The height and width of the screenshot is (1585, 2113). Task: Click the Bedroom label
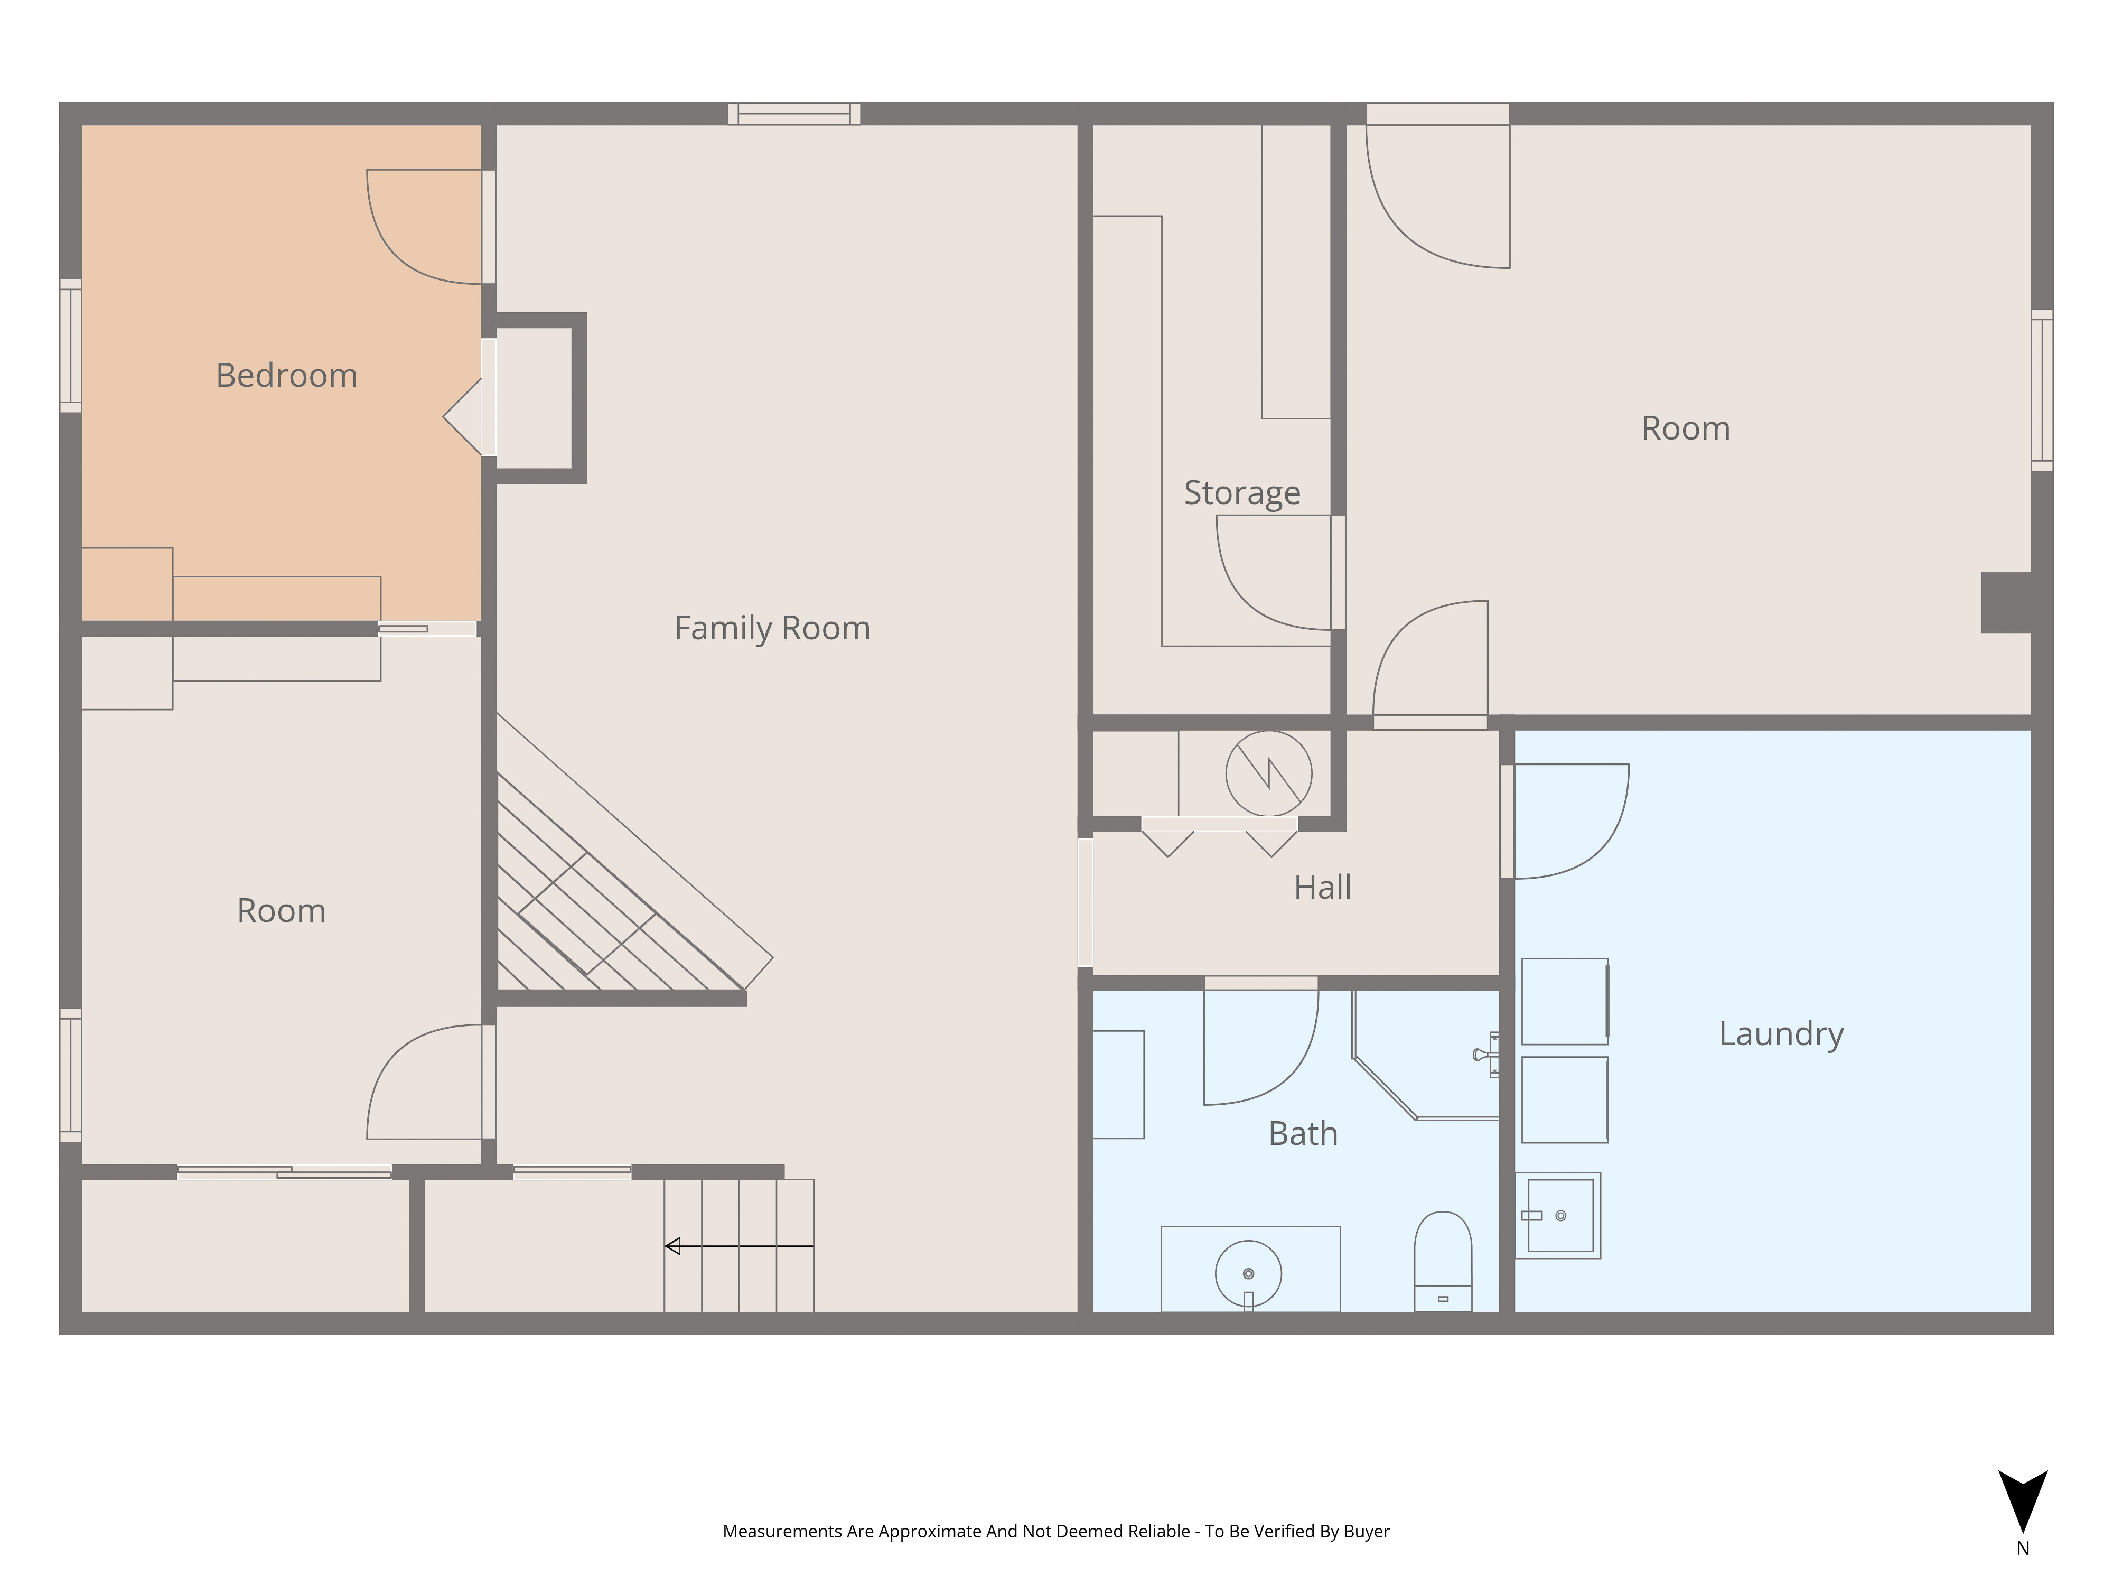(x=286, y=376)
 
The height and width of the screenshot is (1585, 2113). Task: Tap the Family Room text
(x=772, y=628)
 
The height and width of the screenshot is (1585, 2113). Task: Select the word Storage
(x=1242, y=492)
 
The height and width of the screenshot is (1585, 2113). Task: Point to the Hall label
(x=1322, y=887)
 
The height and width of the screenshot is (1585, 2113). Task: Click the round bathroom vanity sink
(x=1248, y=1273)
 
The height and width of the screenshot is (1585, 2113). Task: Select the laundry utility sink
(x=1559, y=1215)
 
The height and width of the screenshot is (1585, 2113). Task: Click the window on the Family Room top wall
(x=794, y=114)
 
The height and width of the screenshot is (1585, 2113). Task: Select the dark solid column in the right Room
(x=2006, y=602)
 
